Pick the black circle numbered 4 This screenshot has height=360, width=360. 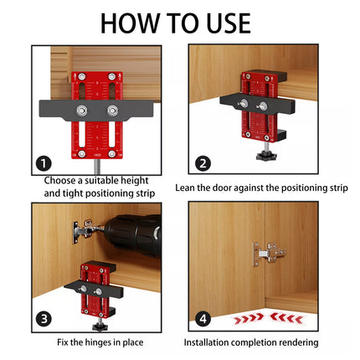203,319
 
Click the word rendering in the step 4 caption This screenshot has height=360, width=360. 298,342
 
